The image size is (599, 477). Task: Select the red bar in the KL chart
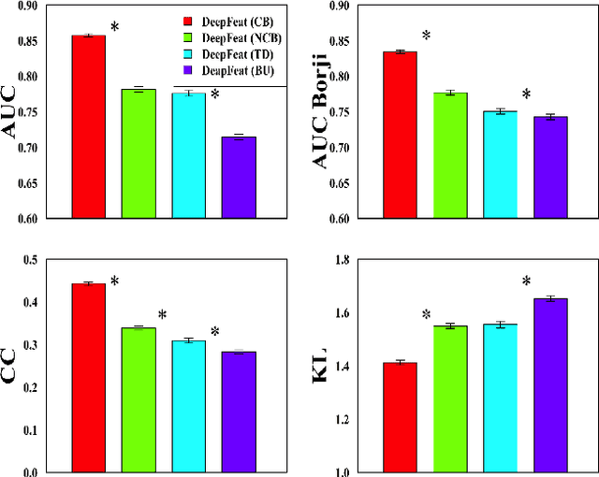click(x=400, y=417)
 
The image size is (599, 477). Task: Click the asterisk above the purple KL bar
click(x=526, y=282)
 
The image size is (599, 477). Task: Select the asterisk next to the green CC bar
click(x=161, y=315)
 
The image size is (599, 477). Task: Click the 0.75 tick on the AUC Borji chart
click(x=360, y=112)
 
